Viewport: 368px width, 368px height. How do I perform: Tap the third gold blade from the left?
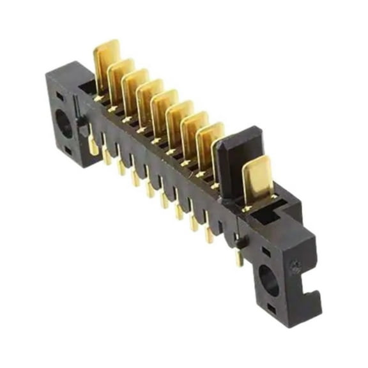(x=135, y=86)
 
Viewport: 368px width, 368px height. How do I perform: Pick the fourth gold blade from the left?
(x=149, y=96)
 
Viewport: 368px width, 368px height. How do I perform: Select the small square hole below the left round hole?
(x=68, y=151)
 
